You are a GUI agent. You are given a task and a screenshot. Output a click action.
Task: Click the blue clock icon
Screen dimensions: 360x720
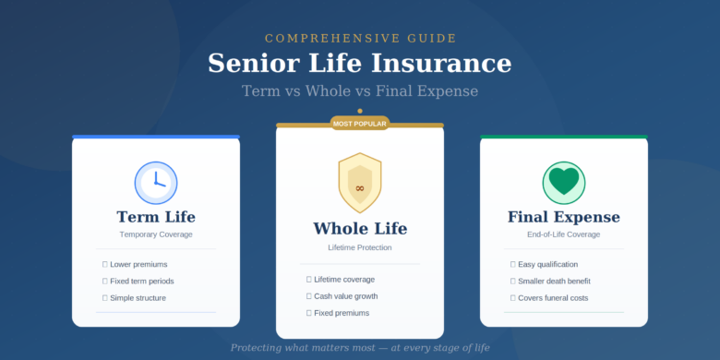click(x=156, y=183)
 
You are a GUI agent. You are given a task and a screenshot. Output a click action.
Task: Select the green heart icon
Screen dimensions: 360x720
click(x=563, y=182)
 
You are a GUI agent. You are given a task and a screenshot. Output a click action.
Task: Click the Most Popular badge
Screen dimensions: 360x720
click(x=360, y=123)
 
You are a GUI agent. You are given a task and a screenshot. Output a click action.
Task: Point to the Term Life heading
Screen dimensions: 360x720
click(x=156, y=217)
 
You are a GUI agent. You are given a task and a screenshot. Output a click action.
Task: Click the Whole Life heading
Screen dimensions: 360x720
click(x=360, y=229)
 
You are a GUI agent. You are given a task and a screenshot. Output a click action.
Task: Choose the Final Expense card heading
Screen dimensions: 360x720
click(x=563, y=217)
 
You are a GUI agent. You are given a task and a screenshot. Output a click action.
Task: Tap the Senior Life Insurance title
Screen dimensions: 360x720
click(x=360, y=63)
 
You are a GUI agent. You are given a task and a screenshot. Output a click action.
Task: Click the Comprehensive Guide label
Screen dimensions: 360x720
click(x=360, y=38)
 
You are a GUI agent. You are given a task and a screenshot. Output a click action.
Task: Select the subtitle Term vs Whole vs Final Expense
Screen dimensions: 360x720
click(x=360, y=90)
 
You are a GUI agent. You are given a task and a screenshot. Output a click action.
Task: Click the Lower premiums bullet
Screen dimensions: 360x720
click(x=138, y=264)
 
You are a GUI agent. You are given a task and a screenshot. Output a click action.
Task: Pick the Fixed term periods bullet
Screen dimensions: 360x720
click(x=141, y=281)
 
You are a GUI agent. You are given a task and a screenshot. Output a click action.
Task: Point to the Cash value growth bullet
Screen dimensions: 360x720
click(x=345, y=296)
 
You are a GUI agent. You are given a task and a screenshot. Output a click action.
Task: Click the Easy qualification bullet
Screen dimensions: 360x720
click(x=547, y=264)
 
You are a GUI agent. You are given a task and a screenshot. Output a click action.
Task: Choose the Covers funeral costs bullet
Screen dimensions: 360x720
click(x=553, y=297)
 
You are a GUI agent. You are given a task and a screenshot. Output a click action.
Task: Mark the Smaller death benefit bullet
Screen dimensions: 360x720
click(x=554, y=281)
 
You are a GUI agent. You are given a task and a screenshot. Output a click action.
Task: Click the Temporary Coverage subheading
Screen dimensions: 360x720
click(x=156, y=234)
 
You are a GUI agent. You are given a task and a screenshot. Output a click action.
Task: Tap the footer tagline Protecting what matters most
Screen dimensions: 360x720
click(x=360, y=348)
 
